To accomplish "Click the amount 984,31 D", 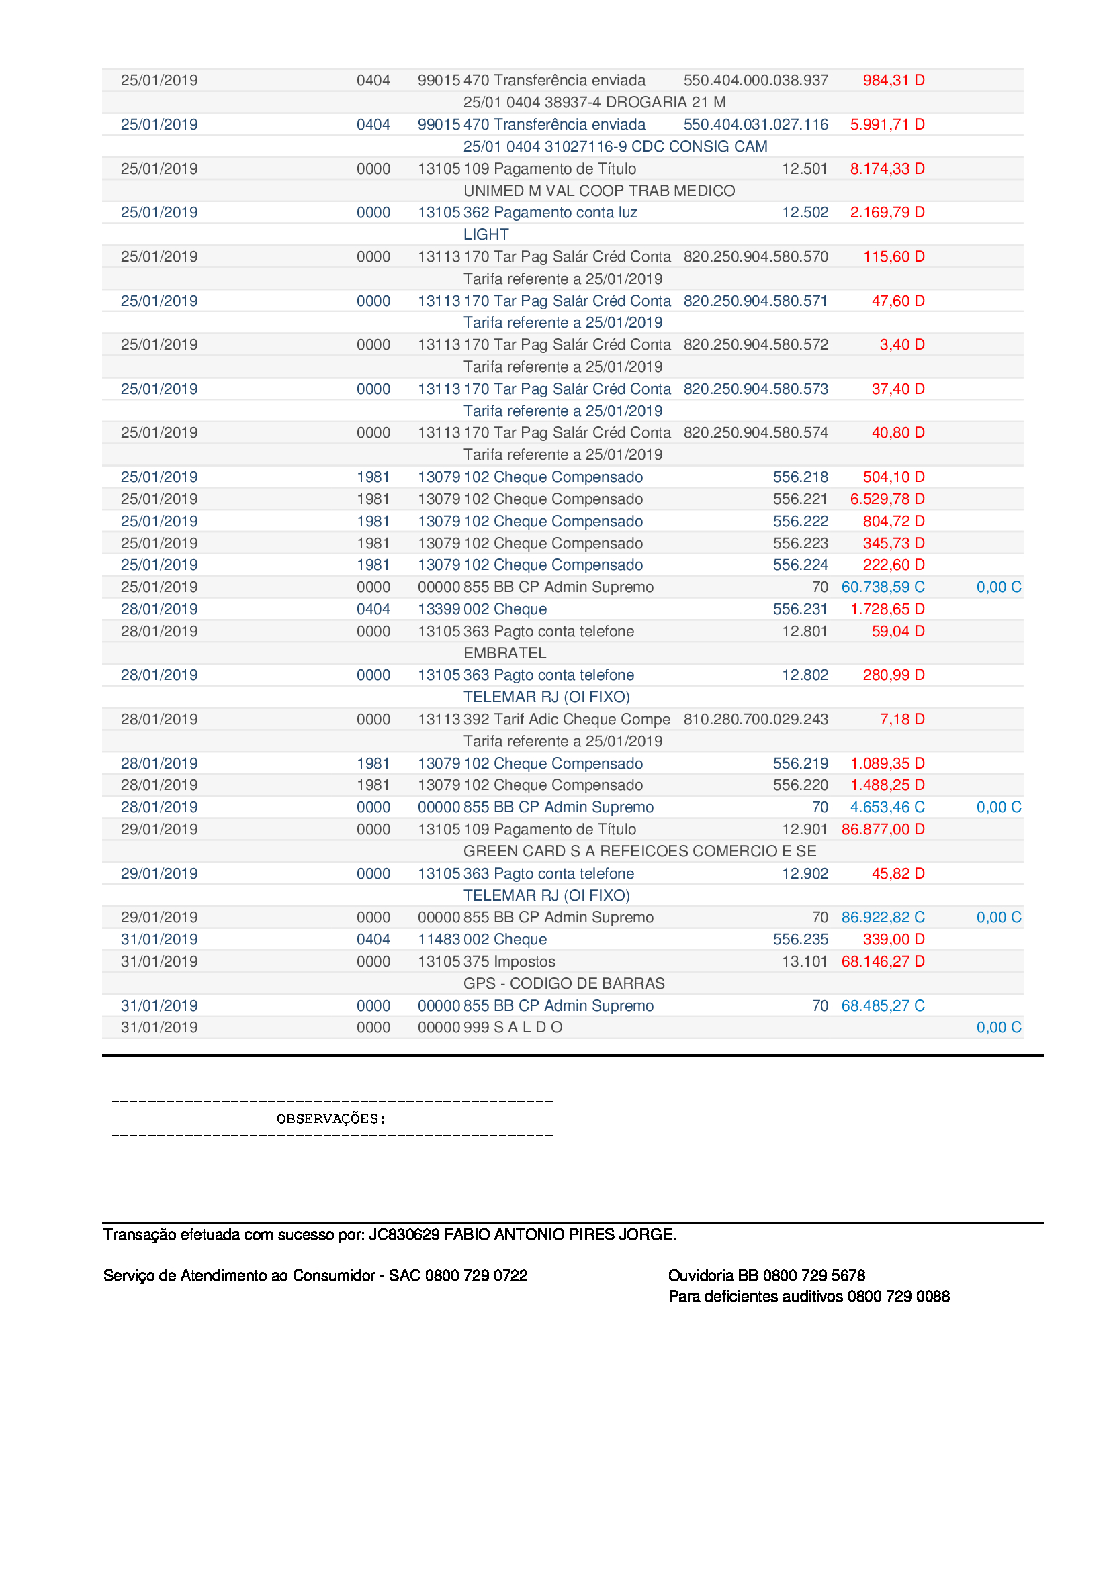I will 893,80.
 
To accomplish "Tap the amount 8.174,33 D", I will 887,169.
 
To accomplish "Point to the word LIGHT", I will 486,234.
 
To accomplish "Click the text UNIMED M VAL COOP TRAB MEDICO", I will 598,191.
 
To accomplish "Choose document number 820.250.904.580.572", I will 755,344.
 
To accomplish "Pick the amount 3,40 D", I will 901,344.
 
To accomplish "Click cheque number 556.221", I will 800,499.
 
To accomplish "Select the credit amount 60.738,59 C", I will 883,587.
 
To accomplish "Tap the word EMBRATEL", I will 504,653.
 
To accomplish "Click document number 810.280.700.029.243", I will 755,720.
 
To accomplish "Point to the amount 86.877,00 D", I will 883,830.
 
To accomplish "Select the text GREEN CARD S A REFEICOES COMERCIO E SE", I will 639,851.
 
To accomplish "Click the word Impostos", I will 524,961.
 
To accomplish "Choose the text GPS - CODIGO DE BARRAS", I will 564,983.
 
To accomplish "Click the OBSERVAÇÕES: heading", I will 331,1119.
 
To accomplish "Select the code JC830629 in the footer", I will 404,1234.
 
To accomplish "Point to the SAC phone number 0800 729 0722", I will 476,1275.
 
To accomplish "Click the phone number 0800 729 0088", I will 897,1297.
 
